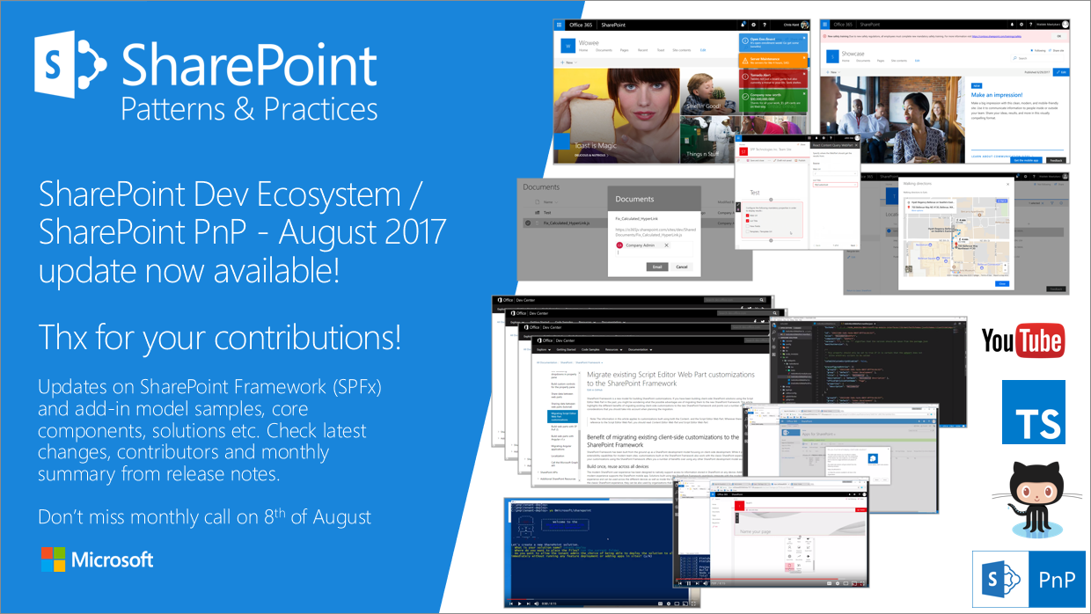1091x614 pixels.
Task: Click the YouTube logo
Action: pyautogui.click(x=1022, y=340)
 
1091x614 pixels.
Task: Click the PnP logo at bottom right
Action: pyautogui.click(x=1027, y=580)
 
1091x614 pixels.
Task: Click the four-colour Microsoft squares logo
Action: pyautogui.click(x=53, y=559)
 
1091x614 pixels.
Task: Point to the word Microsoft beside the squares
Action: pyautogui.click(x=113, y=559)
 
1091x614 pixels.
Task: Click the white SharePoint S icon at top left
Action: pyautogui.click(x=70, y=68)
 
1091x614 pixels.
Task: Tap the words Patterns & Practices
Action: pyautogui.click(x=249, y=109)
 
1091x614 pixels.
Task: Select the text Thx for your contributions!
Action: pyautogui.click(x=219, y=337)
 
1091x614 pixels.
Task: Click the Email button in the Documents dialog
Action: pyautogui.click(x=655, y=267)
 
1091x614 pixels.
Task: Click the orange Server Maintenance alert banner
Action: pyautogui.click(x=772, y=60)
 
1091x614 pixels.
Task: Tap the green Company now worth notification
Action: pyautogui.click(x=772, y=99)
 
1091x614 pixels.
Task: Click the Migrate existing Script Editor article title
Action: pyautogui.click(x=670, y=380)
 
